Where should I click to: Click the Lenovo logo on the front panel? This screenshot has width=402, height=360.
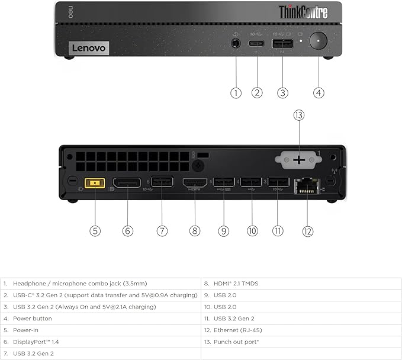(x=89, y=48)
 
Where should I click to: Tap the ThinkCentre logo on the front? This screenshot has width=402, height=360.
(x=303, y=12)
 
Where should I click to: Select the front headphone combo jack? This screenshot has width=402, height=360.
(x=236, y=43)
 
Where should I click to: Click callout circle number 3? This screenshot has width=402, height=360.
(x=283, y=92)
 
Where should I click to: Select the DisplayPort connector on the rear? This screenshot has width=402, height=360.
(x=127, y=183)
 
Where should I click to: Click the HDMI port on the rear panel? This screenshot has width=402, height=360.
(x=195, y=183)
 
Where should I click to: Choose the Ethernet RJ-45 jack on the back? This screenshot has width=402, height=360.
(x=308, y=185)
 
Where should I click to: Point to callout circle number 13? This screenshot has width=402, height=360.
(x=298, y=115)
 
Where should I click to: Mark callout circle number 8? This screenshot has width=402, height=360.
(x=195, y=231)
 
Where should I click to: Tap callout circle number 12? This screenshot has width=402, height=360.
(x=307, y=231)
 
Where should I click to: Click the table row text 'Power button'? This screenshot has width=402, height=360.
(x=32, y=319)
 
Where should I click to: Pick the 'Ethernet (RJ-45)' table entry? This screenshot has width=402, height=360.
(x=237, y=330)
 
